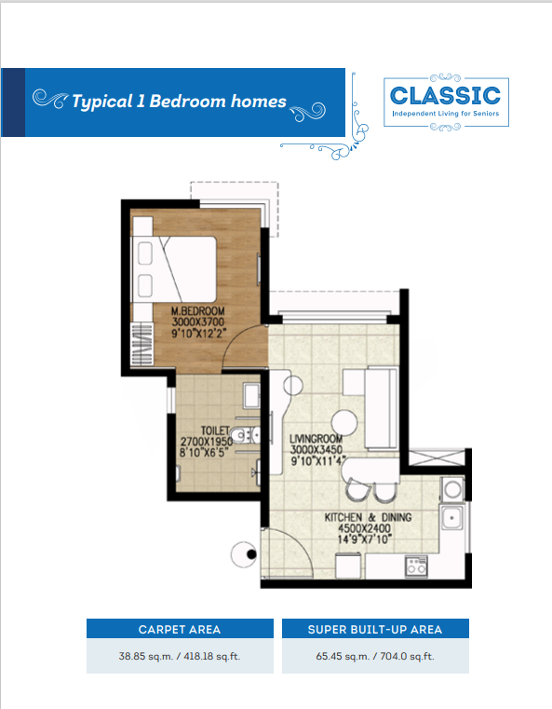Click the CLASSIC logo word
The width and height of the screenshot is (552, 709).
[x=445, y=95]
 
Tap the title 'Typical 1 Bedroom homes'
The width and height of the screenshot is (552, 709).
[x=179, y=102]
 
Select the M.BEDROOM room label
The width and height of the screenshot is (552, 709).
[x=198, y=311]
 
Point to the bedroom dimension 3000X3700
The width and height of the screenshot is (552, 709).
[x=198, y=322]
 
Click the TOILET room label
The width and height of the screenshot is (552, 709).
[x=215, y=431]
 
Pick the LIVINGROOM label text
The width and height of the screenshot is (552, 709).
[x=316, y=439]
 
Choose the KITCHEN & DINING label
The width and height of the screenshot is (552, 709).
[x=368, y=517]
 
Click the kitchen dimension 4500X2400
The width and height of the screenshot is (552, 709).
[x=365, y=528]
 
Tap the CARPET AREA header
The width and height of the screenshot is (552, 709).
[x=180, y=630]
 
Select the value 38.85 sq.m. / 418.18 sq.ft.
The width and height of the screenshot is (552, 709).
[x=180, y=656]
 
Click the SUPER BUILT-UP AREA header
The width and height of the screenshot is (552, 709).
[x=375, y=630]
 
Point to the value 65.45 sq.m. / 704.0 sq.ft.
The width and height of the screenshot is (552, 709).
[x=375, y=656]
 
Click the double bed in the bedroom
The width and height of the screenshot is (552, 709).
[x=174, y=269]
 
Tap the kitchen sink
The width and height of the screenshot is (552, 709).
[x=451, y=517]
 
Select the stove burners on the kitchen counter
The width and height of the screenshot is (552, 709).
[x=416, y=566]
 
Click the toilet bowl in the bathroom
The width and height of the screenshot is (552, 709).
[x=243, y=435]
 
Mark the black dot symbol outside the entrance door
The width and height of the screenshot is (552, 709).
[x=251, y=554]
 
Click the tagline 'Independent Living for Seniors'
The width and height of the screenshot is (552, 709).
[x=446, y=114]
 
